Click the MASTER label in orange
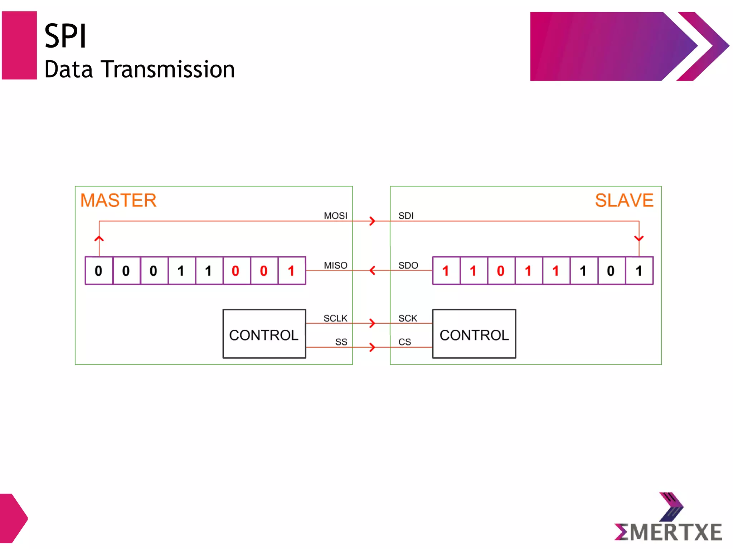pos(118,200)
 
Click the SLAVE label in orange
pos(624,200)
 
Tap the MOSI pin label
pos(335,216)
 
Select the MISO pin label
pos(335,265)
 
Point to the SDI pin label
pos(406,216)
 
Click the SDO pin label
pos(408,265)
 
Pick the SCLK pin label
pos(335,318)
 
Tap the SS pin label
pos(341,342)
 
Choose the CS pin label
pos(404,342)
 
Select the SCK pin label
pos(408,318)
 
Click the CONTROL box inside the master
pos(264,334)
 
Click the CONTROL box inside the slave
pos(474,334)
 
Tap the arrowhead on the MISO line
pos(372,270)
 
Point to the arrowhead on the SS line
pos(372,347)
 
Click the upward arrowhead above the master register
pos(99,238)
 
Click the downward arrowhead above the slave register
pos(639,238)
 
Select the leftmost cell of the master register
pos(99,271)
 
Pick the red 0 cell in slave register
pos(501,271)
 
